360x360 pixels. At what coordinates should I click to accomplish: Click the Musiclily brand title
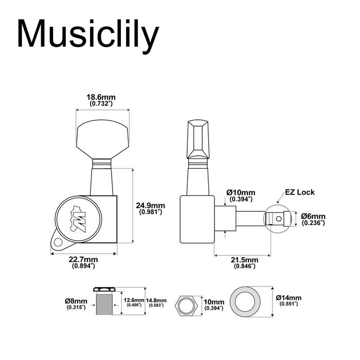click(x=88, y=35)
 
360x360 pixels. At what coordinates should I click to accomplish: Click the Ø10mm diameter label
click(x=241, y=195)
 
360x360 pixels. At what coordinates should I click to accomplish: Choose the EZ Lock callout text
click(x=300, y=192)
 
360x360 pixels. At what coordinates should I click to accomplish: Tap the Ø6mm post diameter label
click(x=313, y=219)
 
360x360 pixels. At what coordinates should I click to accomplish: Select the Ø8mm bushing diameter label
click(x=77, y=304)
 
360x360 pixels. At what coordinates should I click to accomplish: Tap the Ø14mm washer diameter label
click(x=289, y=301)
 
